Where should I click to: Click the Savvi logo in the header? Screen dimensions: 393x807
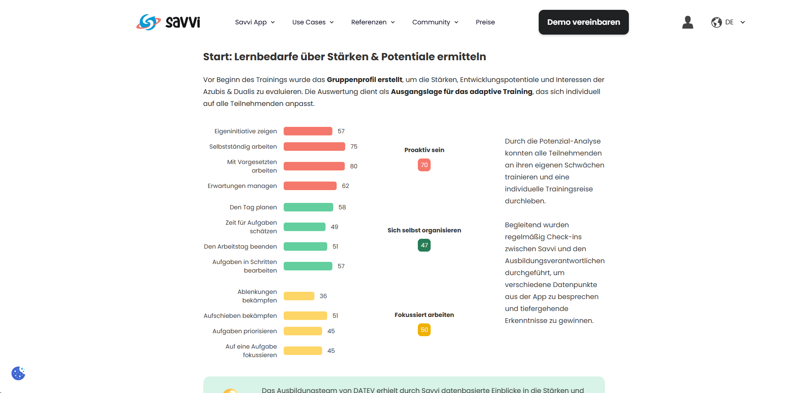[x=168, y=22]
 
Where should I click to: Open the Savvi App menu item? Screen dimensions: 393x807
[x=255, y=22]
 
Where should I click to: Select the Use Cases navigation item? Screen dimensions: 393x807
[x=313, y=22]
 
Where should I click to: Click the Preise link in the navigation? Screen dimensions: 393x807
[x=485, y=22]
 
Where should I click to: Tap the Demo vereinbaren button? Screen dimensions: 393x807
[x=584, y=22]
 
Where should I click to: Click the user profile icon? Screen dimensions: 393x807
[x=688, y=22]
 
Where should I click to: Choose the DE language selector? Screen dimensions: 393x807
[x=728, y=22]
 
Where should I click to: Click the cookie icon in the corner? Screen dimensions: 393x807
[x=18, y=373]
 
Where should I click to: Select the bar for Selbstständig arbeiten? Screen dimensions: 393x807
[x=314, y=147]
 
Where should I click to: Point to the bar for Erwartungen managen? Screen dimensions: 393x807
[x=310, y=186]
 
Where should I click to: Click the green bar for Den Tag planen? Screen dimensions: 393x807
[x=308, y=207]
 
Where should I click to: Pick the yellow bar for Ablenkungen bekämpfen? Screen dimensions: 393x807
[x=299, y=296]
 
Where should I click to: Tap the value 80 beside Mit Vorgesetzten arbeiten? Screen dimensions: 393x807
[x=354, y=166]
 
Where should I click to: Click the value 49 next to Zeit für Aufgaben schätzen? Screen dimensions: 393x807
[x=335, y=227]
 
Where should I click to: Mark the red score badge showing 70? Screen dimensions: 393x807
[x=424, y=165]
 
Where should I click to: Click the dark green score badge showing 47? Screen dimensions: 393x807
[x=424, y=245]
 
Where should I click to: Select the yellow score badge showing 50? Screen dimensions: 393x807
[x=424, y=330]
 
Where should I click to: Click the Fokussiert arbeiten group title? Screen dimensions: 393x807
[x=424, y=315]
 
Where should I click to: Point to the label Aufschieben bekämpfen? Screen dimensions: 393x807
[x=240, y=316]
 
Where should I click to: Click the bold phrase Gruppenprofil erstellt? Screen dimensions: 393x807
[x=364, y=79]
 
